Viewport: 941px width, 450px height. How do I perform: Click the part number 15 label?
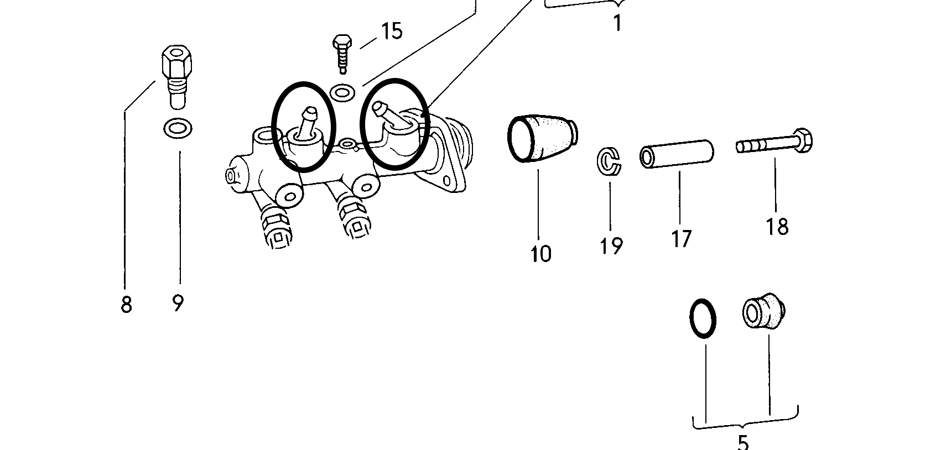pyautogui.click(x=392, y=32)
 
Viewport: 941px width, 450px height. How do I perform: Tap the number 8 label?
pyautogui.click(x=126, y=304)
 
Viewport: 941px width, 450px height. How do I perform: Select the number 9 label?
pyautogui.click(x=178, y=303)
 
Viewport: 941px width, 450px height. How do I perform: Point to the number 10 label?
pyautogui.click(x=540, y=254)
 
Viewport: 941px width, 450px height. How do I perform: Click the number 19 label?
pyautogui.click(x=611, y=245)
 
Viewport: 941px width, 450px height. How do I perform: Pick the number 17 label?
pyautogui.click(x=681, y=239)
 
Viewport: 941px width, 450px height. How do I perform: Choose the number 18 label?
pyautogui.click(x=777, y=227)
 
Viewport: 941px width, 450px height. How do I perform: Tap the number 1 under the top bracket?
pyautogui.click(x=617, y=24)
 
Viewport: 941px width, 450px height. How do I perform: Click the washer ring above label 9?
pyautogui.click(x=178, y=129)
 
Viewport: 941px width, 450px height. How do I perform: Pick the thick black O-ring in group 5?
pyautogui.click(x=703, y=318)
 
